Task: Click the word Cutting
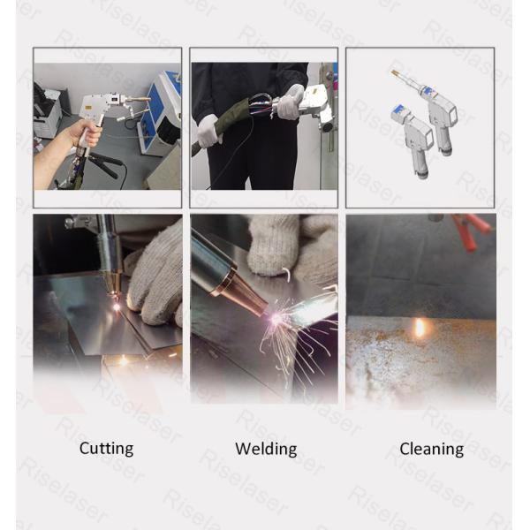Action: pyautogui.click(x=106, y=449)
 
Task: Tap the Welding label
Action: pyautogui.click(x=266, y=449)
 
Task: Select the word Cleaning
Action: pyautogui.click(x=431, y=449)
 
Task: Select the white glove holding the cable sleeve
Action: pyautogui.click(x=207, y=131)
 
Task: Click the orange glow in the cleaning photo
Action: pyautogui.click(x=420, y=328)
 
